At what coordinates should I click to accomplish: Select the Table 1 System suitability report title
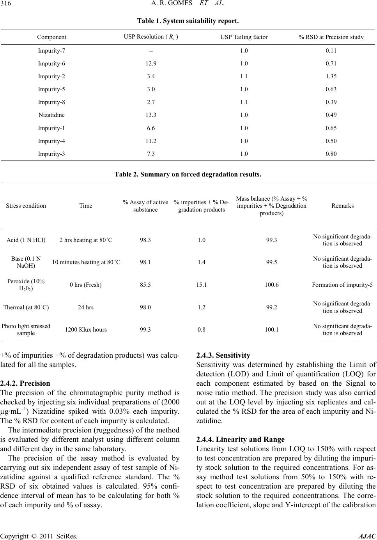tap(188, 19)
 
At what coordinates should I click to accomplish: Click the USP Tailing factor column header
tap(244, 37)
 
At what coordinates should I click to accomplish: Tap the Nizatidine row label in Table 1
tap(52, 115)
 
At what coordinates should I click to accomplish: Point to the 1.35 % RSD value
tap(331, 76)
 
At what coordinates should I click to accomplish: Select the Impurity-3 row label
tap(52, 154)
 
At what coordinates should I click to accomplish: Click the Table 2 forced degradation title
tap(188, 175)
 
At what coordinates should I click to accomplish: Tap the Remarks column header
tap(342, 206)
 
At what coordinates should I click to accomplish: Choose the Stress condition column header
tap(26, 206)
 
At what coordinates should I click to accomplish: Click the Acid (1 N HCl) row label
tap(26, 240)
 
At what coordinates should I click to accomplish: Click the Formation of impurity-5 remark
tap(342, 285)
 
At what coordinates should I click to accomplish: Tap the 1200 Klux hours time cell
tap(86, 330)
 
